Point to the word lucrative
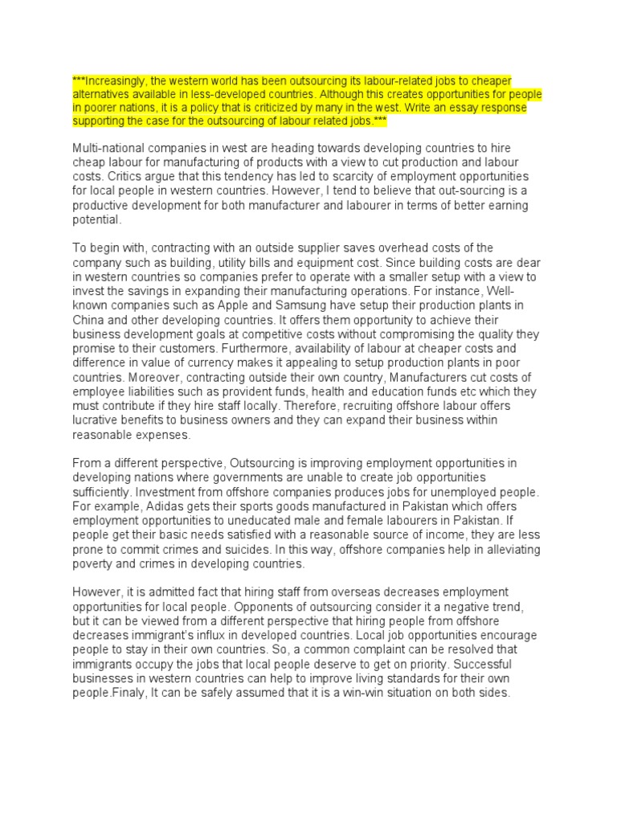point(96,420)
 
